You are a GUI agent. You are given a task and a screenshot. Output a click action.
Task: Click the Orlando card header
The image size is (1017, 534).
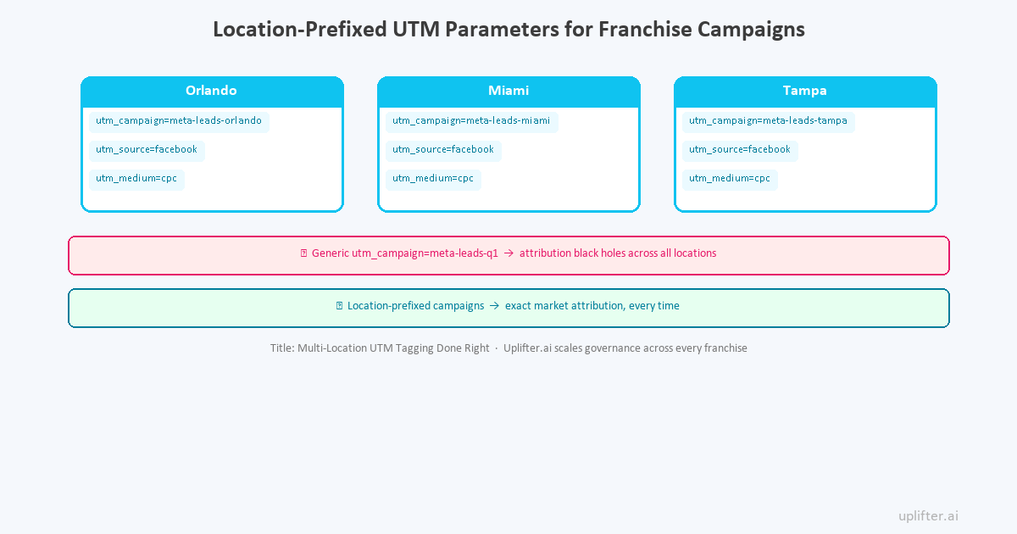211,91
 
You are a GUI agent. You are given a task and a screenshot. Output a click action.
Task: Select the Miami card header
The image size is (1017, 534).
508,91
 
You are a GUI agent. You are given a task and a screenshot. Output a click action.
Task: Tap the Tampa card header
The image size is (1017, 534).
805,91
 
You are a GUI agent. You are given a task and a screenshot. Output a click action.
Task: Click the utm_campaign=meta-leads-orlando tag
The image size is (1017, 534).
179,121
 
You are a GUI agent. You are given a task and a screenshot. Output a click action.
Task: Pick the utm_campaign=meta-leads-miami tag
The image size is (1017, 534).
471,121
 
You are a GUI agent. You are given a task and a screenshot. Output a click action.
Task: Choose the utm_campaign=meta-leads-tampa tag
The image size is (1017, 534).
768,121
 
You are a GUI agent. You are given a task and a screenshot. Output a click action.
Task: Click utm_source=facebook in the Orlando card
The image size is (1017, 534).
147,150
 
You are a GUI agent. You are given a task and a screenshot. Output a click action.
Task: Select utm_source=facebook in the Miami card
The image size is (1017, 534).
443,150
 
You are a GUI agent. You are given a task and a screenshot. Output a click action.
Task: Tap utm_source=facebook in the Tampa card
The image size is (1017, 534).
740,150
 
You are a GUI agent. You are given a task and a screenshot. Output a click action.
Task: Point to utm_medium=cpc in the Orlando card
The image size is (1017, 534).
136,179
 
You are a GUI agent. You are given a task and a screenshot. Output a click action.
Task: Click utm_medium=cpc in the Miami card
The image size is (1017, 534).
433,179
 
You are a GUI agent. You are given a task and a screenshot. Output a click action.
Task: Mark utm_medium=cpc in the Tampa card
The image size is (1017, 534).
730,179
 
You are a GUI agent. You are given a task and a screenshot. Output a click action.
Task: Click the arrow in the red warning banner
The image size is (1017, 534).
508,253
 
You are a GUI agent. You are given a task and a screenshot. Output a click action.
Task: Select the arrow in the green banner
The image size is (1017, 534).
494,306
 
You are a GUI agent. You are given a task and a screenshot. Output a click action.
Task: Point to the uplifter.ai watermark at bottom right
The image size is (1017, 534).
928,515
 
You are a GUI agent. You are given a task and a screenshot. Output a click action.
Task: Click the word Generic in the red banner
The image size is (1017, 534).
330,253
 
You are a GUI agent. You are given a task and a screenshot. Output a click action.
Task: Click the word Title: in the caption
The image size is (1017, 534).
282,348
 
